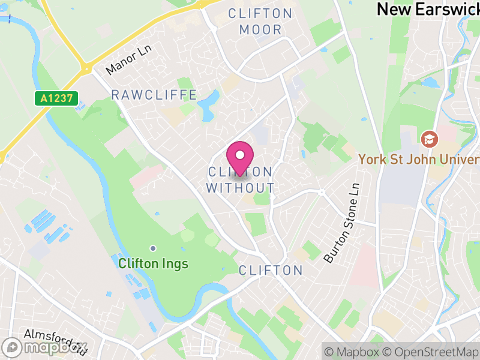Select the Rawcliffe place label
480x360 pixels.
pyautogui.click(x=154, y=95)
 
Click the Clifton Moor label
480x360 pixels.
pyautogui.click(x=260, y=21)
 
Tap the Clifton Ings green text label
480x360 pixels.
pyautogui.click(x=153, y=263)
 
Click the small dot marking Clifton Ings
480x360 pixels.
pyautogui.click(x=153, y=248)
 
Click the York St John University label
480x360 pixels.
pyautogui.click(x=419, y=159)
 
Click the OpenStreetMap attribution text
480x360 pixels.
pyautogui.click(x=430, y=352)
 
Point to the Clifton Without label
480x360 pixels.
pyautogui.click(x=240, y=180)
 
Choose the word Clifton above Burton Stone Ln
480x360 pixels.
pyautogui.click(x=271, y=270)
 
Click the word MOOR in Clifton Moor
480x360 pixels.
pyautogui.click(x=260, y=29)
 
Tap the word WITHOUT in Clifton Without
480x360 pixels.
pyautogui.click(x=240, y=188)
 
